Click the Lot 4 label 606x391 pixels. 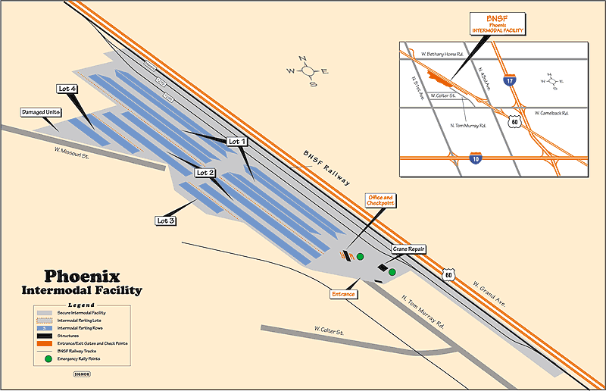click(67, 89)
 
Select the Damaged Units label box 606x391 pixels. click(41, 112)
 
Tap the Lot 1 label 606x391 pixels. click(237, 141)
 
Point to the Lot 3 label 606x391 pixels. click(166, 221)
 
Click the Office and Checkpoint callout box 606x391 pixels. click(380, 200)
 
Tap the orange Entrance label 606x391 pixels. click(343, 293)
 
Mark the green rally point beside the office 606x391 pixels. click(361, 257)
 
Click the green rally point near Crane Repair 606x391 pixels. click(392, 271)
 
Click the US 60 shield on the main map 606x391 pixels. click(450, 273)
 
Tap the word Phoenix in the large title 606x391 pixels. click(82, 277)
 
